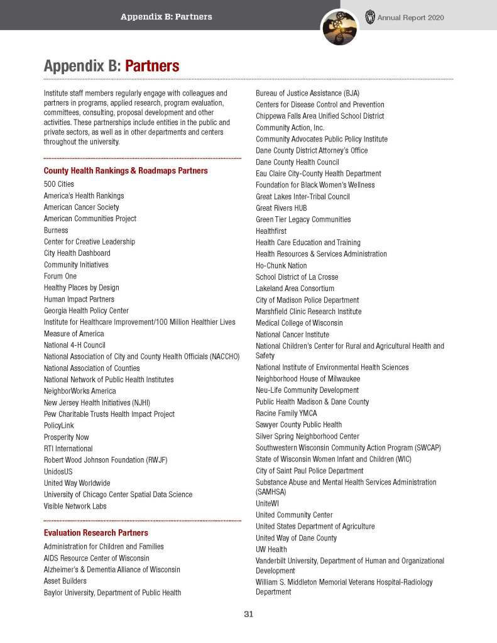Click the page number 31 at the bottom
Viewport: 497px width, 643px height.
click(x=248, y=614)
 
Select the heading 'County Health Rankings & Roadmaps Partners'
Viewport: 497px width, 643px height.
click(x=126, y=170)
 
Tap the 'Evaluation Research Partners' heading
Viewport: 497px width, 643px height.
click(x=96, y=533)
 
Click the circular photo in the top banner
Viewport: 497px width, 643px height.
click(x=339, y=28)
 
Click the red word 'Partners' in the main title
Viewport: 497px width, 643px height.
click(x=152, y=66)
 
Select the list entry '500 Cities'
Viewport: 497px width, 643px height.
click(x=58, y=184)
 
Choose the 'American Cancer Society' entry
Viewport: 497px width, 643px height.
click(x=81, y=207)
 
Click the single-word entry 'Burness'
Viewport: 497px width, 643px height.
click(x=56, y=230)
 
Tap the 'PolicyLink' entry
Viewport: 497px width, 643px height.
click(x=60, y=426)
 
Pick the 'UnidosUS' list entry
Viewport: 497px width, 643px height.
click(x=59, y=471)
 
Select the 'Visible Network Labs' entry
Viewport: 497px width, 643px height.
click(x=75, y=506)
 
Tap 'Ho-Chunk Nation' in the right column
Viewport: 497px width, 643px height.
click(x=281, y=266)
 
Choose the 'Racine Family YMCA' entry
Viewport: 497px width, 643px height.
click(x=286, y=414)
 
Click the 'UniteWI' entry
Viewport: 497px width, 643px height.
click(x=268, y=503)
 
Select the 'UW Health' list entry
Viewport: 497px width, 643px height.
click(x=271, y=549)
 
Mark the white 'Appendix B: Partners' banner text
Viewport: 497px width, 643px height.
click(x=166, y=17)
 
